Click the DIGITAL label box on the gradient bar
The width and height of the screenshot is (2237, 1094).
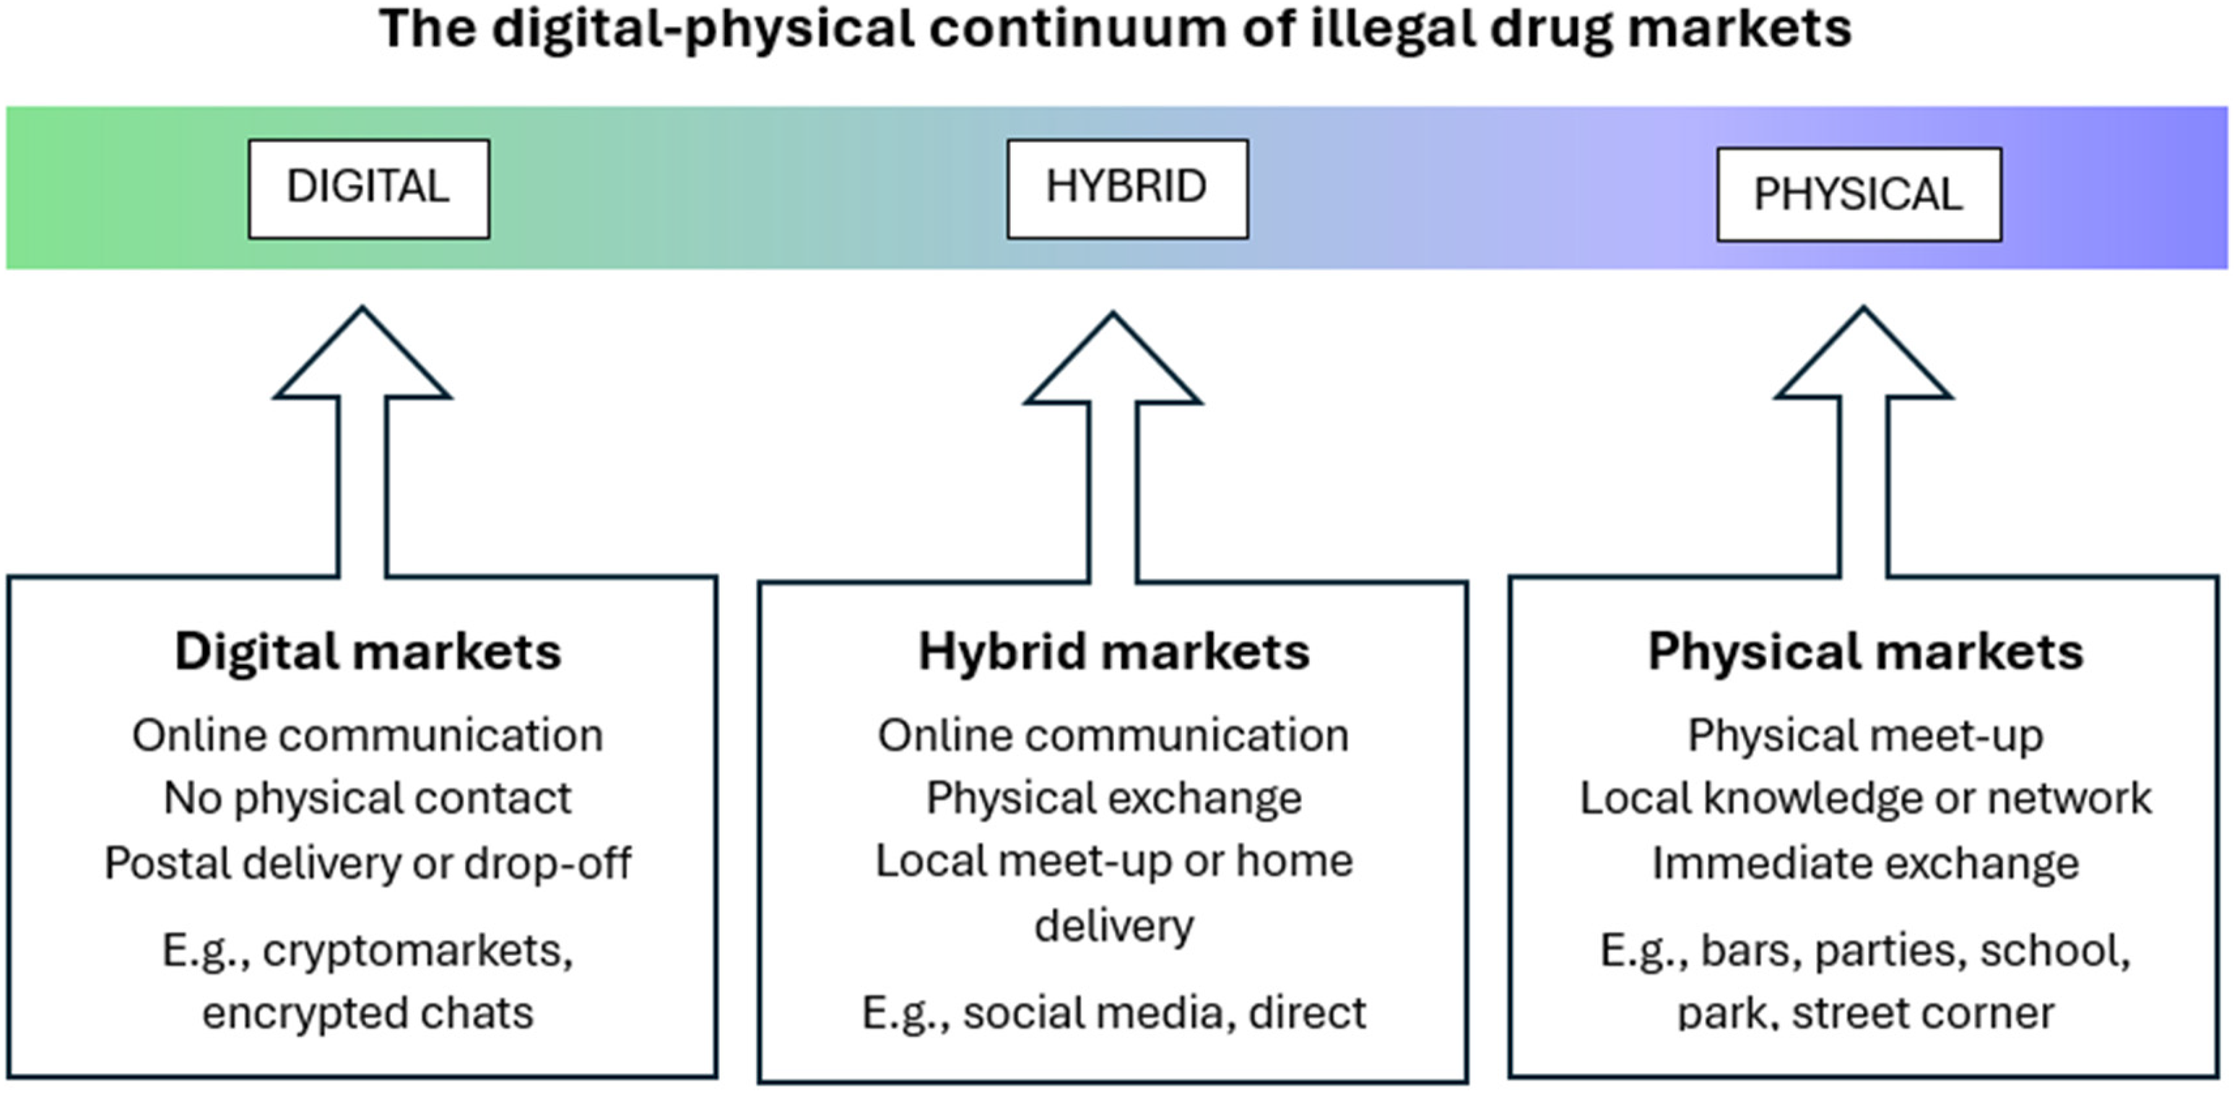point(369,188)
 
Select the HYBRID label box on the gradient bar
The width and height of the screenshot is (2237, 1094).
point(1127,188)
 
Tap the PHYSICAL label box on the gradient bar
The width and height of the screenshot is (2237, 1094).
point(1859,194)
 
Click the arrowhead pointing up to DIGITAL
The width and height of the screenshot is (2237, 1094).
point(362,353)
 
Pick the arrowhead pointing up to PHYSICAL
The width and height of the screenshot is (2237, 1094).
point(1864,353)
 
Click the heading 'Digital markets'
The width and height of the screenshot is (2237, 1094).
point(368,651)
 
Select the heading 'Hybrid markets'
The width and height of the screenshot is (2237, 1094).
point(1114,652)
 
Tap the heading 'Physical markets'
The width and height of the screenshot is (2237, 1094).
point(1865,651)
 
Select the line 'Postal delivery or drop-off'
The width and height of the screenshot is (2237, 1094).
point(368,863)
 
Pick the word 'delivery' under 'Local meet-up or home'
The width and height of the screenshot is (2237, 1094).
point(1114,926)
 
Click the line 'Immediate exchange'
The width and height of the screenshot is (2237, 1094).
point(1865,863)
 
